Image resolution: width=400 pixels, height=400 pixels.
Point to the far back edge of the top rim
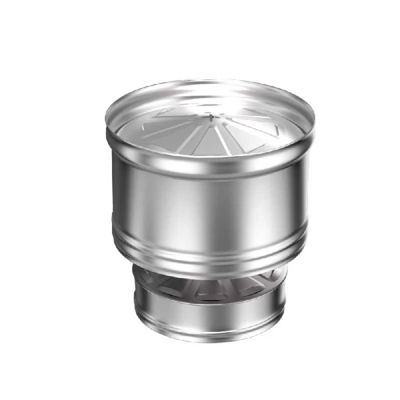[210, 81]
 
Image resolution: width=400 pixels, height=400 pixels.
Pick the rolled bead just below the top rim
[210, 171]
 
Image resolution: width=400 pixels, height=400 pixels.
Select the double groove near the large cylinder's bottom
[210, 251]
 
